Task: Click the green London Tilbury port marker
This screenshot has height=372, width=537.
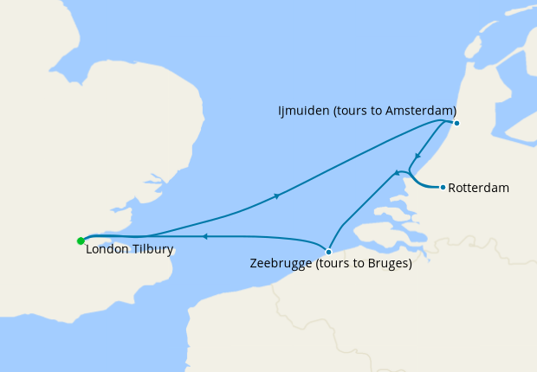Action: (x=80, y=241)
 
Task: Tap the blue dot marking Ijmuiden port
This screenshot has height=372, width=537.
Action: (x=456, y=123)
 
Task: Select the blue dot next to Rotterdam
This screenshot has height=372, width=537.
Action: (x=443, y=187)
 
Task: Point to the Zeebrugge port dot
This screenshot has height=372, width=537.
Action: (x=328, y=252)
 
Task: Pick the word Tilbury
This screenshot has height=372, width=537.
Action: (x=152, y=250)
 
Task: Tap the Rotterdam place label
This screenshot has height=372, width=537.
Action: (x=480, y=188)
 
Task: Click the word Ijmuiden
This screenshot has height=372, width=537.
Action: (x=303, y=111)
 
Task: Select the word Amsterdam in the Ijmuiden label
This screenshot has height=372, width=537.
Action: (x=420, y=111)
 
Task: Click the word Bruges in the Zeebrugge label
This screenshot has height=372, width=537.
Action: (x=388, y=264)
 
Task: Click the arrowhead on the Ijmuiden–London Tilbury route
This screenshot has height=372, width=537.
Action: (x=276, y=196)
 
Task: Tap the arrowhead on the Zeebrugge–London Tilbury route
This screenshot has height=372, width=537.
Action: (x=204, y=235)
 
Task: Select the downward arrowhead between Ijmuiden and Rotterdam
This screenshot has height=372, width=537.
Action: (x=417, y=157)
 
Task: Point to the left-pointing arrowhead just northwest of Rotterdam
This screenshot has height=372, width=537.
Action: (x=398, y=173)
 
